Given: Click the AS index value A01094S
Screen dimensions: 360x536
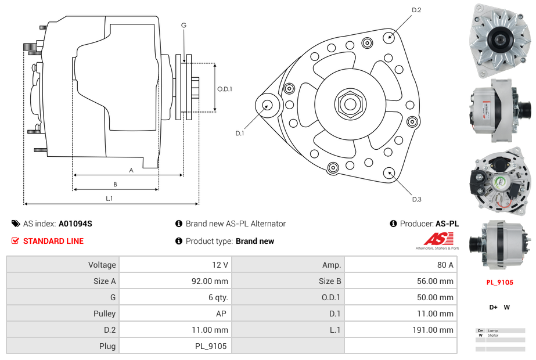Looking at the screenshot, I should [75, 224].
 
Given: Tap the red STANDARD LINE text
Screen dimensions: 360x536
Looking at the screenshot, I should [53, 241].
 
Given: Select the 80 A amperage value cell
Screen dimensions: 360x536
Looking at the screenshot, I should [400, 265].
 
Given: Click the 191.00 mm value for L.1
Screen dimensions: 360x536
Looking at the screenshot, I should [400, 330].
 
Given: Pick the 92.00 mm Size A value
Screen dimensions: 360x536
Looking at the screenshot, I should [175, 281].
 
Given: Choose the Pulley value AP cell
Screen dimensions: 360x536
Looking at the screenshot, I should [175, 314].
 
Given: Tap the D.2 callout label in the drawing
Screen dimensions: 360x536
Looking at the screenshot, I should [416, 10].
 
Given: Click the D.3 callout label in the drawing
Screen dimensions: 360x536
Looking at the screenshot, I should [416, 199].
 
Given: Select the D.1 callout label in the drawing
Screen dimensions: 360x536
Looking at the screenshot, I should [239, 133].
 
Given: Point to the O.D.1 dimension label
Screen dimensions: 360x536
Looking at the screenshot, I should [225, 89].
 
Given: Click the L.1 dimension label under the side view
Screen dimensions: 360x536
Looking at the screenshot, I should [109, 199].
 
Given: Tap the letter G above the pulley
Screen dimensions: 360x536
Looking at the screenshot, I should [184, 25].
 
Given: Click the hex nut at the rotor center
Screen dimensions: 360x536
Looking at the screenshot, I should [350, 104].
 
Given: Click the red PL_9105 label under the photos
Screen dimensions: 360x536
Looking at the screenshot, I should [499, 282].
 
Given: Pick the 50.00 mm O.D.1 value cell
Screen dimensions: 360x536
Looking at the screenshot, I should [400, 297].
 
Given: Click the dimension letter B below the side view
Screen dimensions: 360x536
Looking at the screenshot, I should [116, 184].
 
